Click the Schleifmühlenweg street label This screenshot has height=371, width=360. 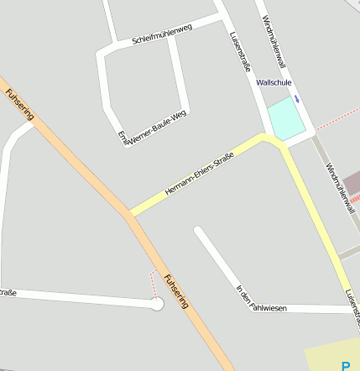coord(162,34)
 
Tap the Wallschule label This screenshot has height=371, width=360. coord(274,83)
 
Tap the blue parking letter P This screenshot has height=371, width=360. coord(346,365)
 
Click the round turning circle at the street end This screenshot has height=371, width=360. coord(156,304)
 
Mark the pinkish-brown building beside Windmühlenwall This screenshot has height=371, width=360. coord(352,184)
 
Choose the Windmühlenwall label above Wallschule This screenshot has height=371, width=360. coord(274,42)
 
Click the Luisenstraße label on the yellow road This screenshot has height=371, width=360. coord(352,306)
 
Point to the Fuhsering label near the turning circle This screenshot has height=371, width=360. coord(177,291)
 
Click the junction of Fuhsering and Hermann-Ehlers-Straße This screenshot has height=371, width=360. coord(129,213)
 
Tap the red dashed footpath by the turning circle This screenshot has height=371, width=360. coord(152,283)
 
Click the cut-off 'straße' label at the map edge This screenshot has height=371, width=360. coord(8,293)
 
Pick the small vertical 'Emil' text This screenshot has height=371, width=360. coord(123,138)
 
